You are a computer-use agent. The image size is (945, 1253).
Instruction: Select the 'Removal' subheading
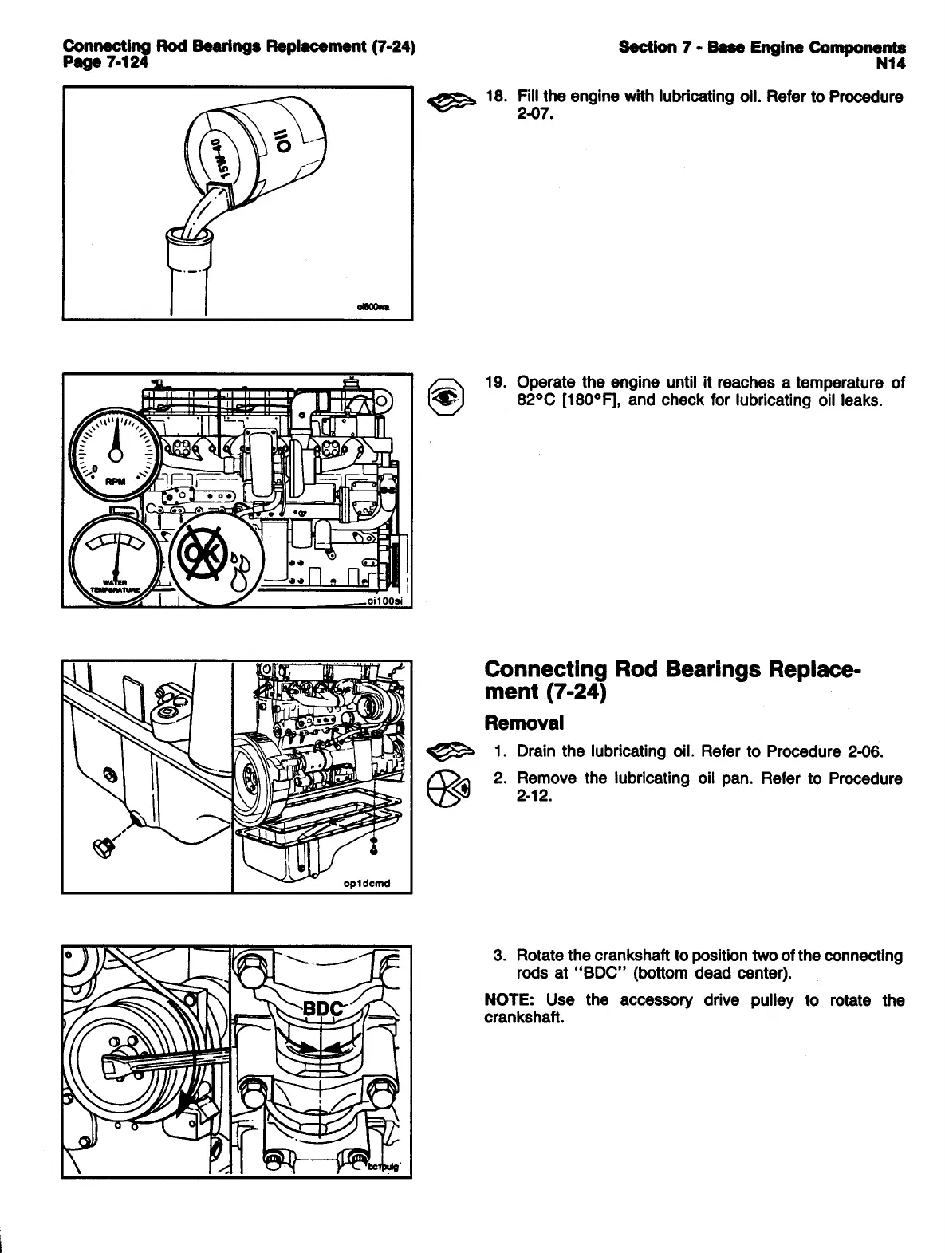[524, 723]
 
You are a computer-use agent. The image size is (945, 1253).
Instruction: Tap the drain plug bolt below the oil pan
[104, 848]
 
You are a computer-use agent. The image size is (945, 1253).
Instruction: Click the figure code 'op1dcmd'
[365, 883]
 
